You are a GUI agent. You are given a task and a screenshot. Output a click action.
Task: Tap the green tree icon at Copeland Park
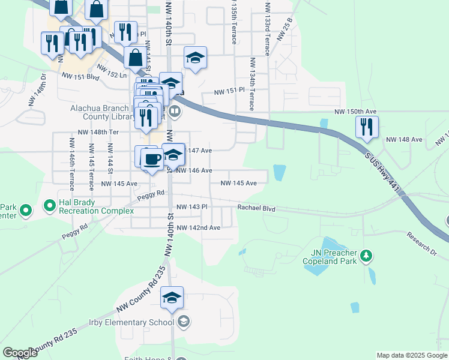(x=366, y=257)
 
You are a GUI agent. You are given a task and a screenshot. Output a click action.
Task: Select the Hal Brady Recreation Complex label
(x=96, y=207)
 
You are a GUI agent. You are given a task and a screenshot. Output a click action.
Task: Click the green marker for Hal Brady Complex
(x=49, y=207)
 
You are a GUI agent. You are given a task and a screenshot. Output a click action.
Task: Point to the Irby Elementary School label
(x=133, y=322)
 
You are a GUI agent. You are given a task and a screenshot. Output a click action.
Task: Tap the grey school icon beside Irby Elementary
(x=183, y=322)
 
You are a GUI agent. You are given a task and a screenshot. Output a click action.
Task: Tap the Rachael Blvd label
(x=256, y=208)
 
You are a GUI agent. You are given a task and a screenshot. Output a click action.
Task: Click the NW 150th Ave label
(x=355, y=112)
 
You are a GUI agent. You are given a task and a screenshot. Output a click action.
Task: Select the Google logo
(x=20, y=353)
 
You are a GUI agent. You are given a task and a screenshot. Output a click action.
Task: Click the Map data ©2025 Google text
(x=411, y=355)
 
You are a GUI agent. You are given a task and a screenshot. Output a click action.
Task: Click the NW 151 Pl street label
(x=231, y=91)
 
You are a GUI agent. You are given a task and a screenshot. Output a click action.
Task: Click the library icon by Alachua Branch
(x=175, y=111)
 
